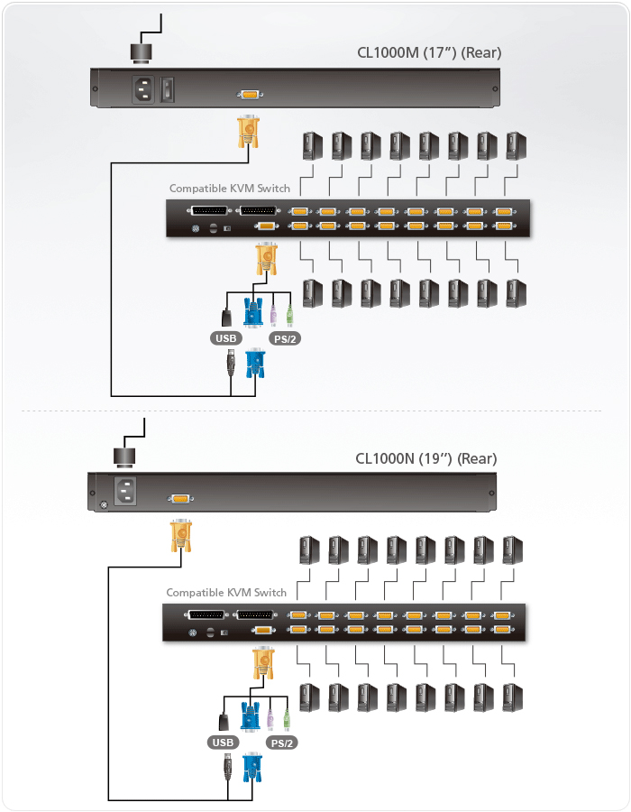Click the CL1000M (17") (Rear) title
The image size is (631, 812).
[x=428, y=52]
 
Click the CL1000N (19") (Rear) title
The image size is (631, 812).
[x=425, y=458]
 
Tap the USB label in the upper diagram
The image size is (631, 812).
[x=225, y=339]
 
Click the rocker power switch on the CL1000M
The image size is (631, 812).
[x=168, y=89]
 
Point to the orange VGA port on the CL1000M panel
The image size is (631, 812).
[x=248, y=93]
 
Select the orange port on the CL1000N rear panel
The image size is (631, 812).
[x=179, y=497]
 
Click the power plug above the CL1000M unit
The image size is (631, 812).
[x=142, y=52]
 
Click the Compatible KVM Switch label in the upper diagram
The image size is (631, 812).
[x=230, y=189]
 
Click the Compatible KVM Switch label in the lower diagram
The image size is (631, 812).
[x=226, y=593]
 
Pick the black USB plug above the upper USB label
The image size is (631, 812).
[x=226, y=317]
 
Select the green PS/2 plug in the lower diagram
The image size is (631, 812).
[x=287, y=719]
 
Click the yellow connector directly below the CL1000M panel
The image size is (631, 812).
[x=248, y=132]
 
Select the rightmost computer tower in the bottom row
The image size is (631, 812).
[x=513, y=697]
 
